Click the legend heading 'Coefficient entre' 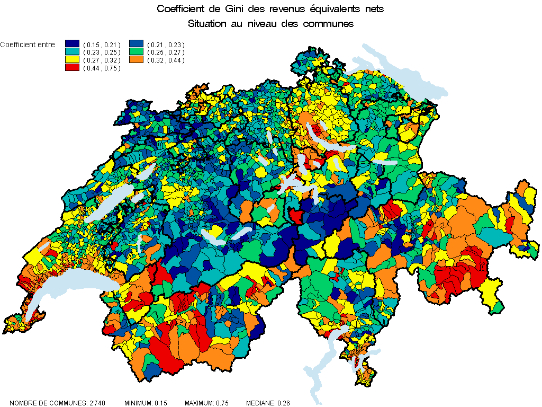point(28,45)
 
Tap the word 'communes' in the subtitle point(328,24)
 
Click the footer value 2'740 point(97,403)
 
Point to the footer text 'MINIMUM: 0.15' point(146,403)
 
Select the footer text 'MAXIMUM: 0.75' point(206,403)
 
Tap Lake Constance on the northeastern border point(402,74)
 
